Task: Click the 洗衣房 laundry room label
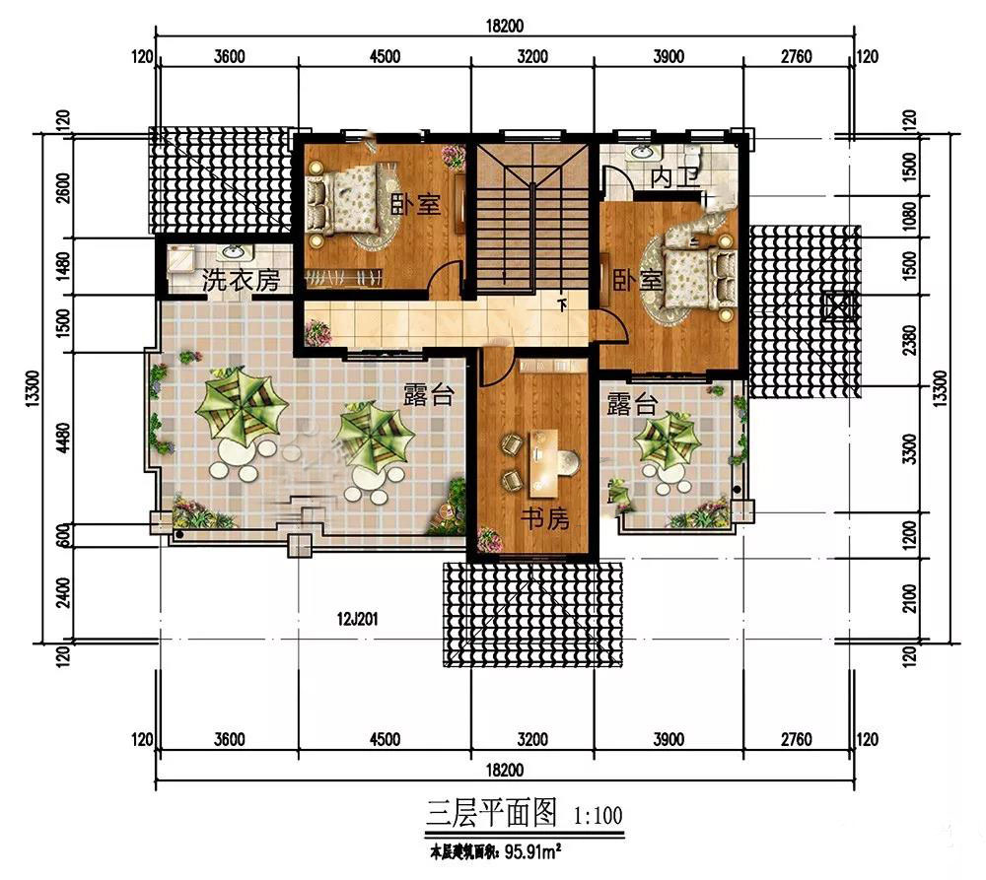pyautogui.click(x=241, y=280)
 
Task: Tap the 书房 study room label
pyautogui.click(x=544, y=518)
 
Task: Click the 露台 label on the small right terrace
pyautogui.click(x=632, y=404)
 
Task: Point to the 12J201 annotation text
pyautogui.click(x=357, y=619)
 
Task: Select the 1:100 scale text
pyautogui.click(x=598, y=816)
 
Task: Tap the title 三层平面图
pyautogui.click(x=491, y=813)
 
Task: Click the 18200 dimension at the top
pyautogui.click(x=504, y=26)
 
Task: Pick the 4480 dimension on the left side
pyautogui.click(x=63, y=438)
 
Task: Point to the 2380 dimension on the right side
pyautogui.click(x=909, y=340)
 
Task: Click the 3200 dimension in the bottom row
pyautogui.click(x=532, y=739)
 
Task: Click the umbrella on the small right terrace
pyautogui.click(x=667, y=440)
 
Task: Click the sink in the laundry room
pyautogui.click(x=234, y=252)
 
